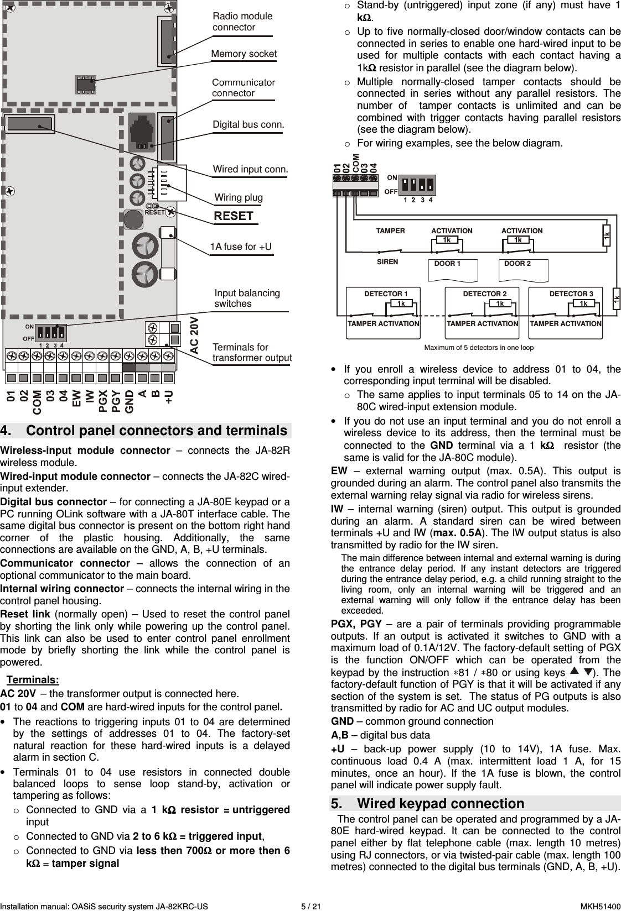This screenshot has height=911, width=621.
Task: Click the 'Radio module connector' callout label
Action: point(242,22)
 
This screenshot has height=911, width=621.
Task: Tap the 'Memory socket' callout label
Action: point(244,54)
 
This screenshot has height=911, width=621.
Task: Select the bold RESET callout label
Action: point(234,216)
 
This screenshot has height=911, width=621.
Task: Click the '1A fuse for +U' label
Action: point(241,247)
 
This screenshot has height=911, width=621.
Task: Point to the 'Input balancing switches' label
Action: point(247,298)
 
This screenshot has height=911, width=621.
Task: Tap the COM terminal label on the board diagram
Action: point(37,401)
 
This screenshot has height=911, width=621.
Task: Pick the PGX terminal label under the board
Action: point(103,402)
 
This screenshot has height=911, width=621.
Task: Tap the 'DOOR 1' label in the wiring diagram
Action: point(447,264)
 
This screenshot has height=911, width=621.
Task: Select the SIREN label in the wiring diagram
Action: point(387,262)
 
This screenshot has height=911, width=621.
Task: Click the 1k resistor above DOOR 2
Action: point(518,240)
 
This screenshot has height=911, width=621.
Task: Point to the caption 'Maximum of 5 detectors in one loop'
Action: point(478,348)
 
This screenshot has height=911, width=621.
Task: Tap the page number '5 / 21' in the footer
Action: point(310,907)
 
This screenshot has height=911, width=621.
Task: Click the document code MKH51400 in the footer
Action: point(600,907)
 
